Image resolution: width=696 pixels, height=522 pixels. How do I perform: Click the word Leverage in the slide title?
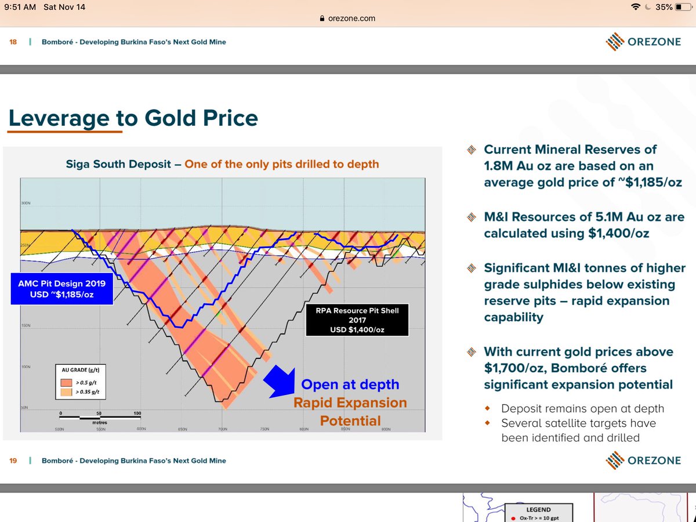[59, 118]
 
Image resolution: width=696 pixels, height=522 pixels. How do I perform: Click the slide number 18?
[13, 42]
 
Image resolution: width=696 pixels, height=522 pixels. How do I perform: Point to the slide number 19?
[13, 461]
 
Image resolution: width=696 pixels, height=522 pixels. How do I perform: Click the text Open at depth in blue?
[350, 385]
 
